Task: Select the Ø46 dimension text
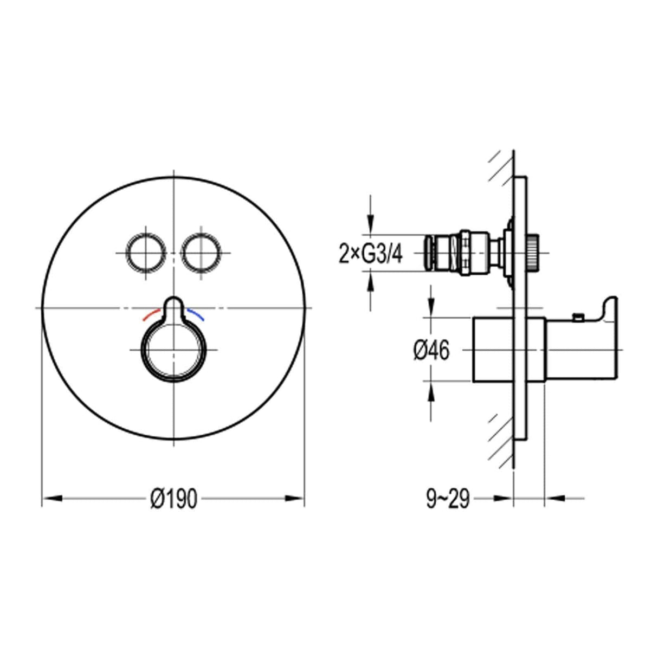431,351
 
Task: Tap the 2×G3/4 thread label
371,254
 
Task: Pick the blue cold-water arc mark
196,314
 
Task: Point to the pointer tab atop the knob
173,306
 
